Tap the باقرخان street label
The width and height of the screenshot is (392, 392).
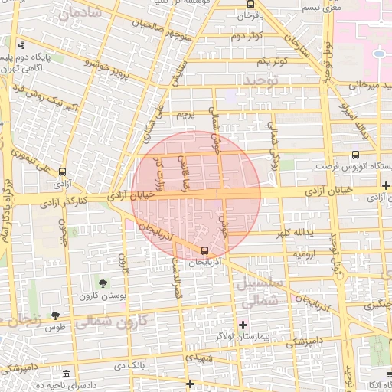click(249, 15)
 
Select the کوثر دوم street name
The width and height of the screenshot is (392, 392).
click(247, 36)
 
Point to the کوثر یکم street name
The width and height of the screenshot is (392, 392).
click(272, 60)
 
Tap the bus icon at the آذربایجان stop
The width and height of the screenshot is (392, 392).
click(204, 250)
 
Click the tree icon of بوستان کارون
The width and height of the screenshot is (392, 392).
click(103, 284)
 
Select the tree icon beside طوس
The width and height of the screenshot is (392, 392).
click(55, 315)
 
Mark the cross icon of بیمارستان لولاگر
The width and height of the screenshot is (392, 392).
click(243, 325)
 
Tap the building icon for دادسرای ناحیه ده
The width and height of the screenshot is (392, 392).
click(66, 374)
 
